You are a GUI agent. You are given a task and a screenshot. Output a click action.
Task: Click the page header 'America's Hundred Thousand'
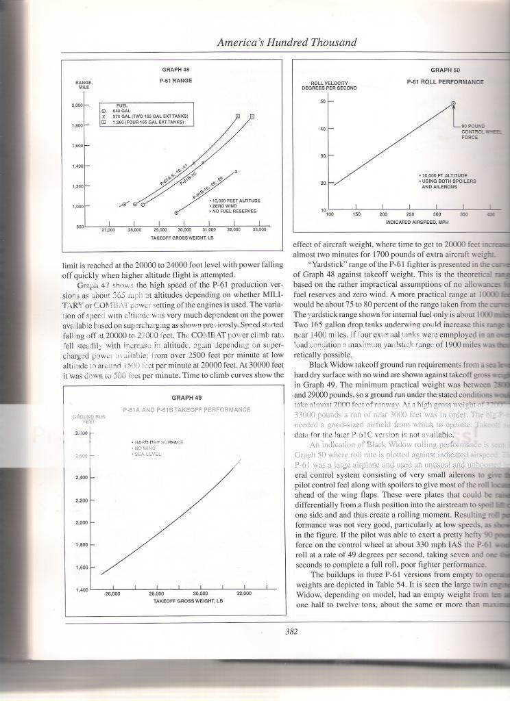pos(287,42)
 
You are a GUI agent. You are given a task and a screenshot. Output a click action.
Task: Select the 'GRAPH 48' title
pos(172,69)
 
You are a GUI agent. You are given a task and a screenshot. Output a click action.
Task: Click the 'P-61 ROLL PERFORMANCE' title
pos(445,82)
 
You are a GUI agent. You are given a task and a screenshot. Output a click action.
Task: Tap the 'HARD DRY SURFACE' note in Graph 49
pos(158,442)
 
